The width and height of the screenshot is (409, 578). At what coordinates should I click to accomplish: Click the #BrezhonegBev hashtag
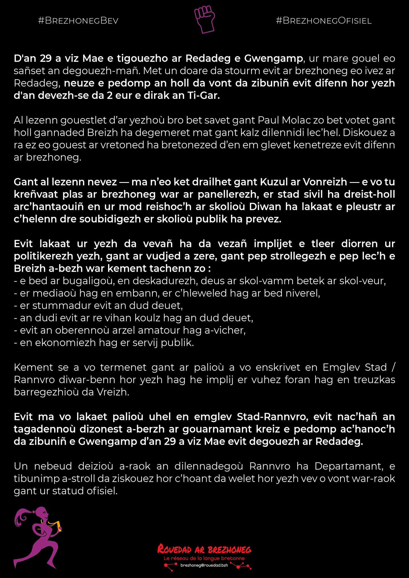(x=78, y=21)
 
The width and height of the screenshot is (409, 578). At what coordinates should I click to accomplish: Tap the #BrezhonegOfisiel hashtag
(x=323, y=21)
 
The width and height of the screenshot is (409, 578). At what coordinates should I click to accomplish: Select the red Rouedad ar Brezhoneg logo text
(x=204, y=549)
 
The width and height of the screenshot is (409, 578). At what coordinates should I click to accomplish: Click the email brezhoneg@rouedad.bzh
(x=204, y=565)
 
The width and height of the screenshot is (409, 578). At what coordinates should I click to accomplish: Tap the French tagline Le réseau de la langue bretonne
(x=204, y=558)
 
